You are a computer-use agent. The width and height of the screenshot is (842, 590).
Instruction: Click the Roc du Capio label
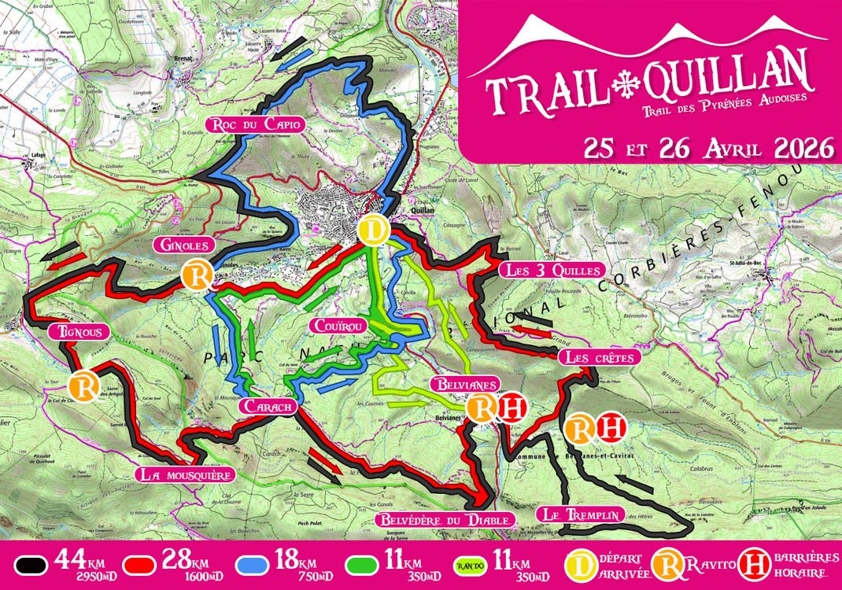pos(254,124)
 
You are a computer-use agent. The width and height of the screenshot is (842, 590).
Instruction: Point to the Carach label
pos(268,407)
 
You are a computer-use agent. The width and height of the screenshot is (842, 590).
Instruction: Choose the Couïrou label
pos(337,326)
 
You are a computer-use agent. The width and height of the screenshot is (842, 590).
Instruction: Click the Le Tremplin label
pos(581,515)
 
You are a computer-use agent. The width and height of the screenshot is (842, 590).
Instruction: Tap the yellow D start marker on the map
pos(373,230)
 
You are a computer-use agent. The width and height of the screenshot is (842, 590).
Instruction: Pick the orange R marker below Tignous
pos(83,387)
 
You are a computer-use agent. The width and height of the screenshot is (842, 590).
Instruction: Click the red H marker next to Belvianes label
pos(511,407)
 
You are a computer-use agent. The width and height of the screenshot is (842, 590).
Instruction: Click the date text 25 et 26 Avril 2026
pos(708,147)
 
